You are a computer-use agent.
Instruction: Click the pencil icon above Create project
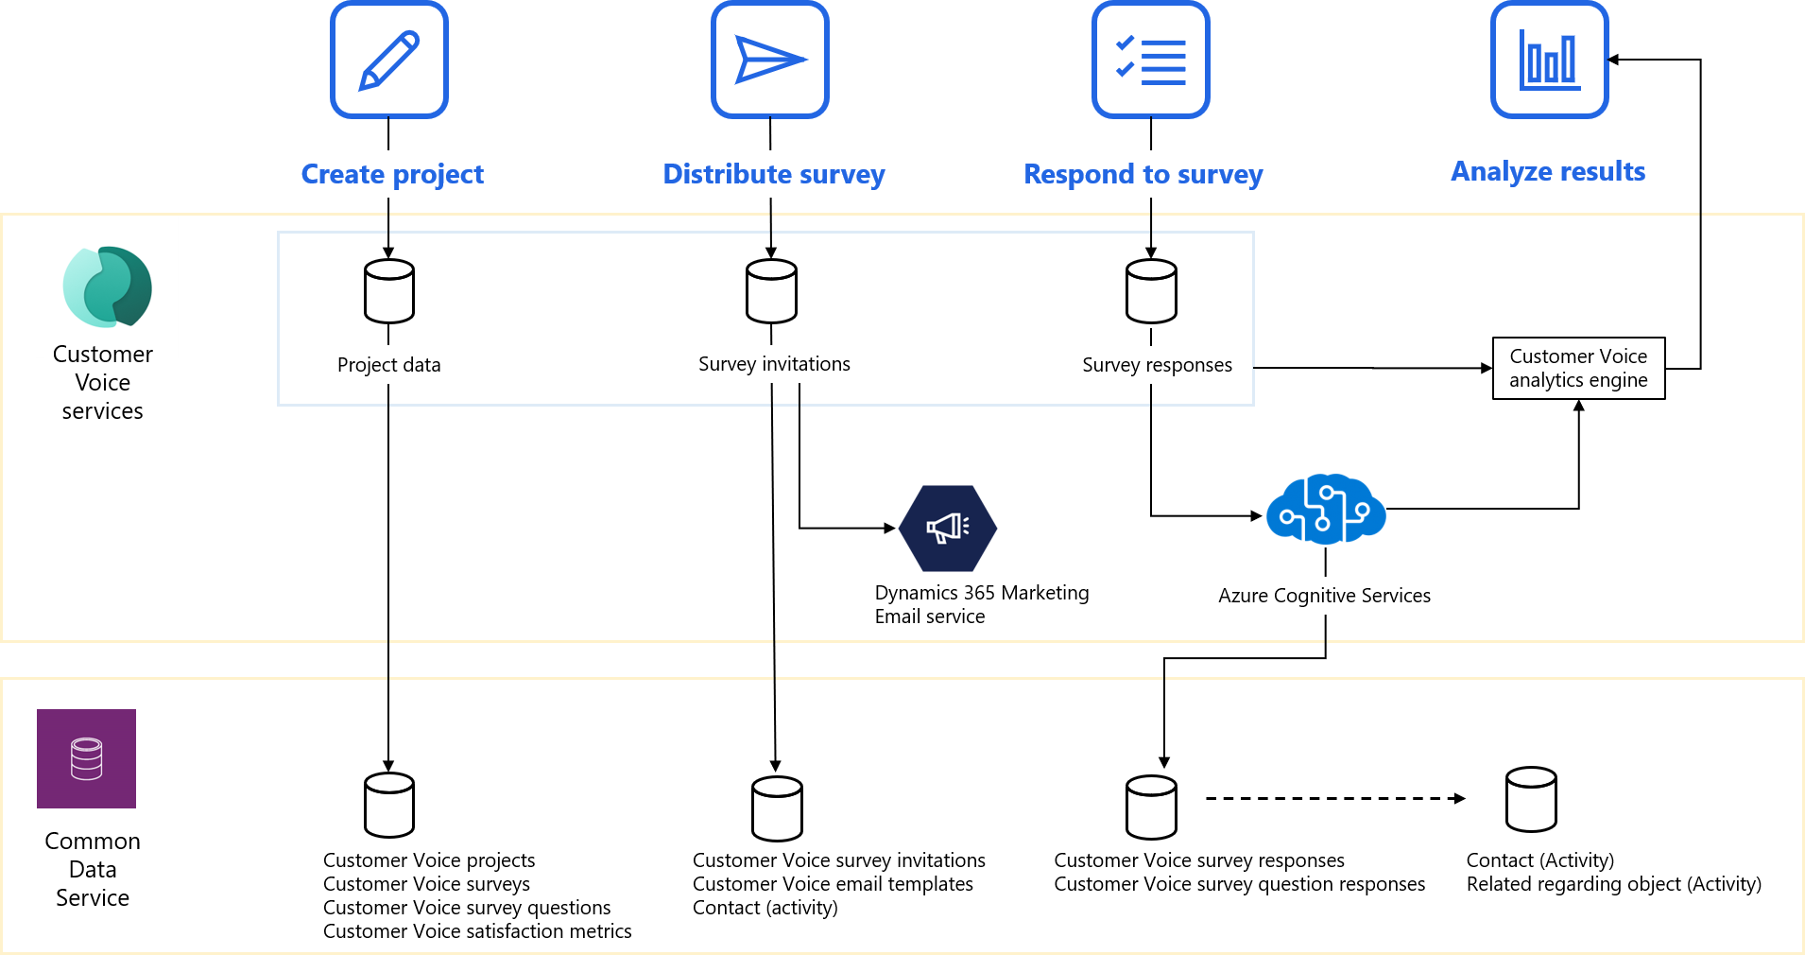coord(389,60)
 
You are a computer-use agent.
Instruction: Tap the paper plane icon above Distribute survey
coord(770,60)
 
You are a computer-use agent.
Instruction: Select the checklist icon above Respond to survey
coord(1151,60)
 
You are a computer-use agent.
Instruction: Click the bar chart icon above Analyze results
coord(1550,60)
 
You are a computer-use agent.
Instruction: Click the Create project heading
coord(393,174)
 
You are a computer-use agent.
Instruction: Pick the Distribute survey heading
coord(775,174)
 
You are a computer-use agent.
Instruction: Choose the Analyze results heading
coord(1549,171)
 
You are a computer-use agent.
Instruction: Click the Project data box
coord(389,365)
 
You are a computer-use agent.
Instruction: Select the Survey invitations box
coord(775,364)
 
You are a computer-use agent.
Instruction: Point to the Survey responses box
coord(1158,365)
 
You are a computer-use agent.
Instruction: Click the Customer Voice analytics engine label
coord(1578,368)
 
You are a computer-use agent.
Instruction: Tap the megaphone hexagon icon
coord(948,528)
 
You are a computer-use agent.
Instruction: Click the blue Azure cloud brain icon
coord(1326,510)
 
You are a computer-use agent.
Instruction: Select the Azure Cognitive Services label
coord(1324,596)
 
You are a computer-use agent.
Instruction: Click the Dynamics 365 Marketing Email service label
coord(983,604)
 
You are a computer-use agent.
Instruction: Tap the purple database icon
coord(86,758)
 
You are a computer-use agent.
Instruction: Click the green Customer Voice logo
coord(107,286)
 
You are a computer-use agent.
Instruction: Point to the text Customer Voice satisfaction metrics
coord(477,931)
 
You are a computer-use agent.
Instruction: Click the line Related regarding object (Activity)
coord(1613,884)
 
